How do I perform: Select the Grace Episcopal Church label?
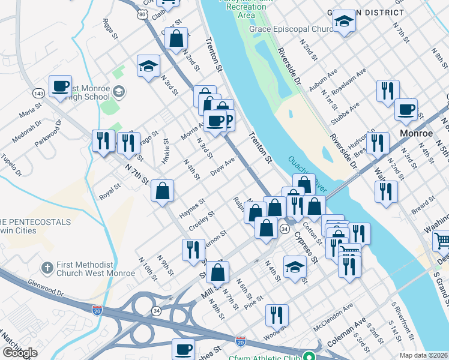[292, 29]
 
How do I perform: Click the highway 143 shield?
[38, 94]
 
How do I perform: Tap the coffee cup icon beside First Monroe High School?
[60, 86]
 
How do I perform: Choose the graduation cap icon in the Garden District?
[345, 22]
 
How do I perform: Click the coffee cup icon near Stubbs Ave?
[406, 110]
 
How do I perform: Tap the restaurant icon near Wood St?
[277, 314]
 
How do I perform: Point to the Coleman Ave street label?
[346, 333]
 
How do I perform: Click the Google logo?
[20, 353]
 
